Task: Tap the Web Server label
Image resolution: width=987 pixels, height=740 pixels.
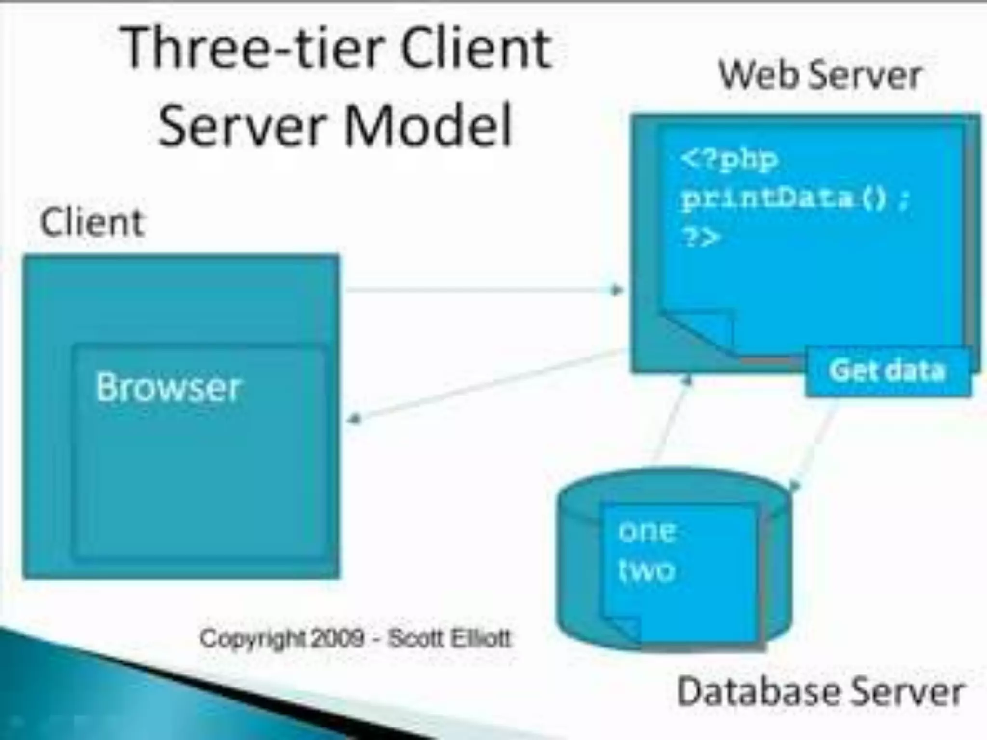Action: tap(819, 77)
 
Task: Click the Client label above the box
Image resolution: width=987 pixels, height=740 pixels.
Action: tap(92, 223)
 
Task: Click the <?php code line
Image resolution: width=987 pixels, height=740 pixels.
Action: tap(729, 159)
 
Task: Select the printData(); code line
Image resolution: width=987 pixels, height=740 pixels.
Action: tap(795, 198)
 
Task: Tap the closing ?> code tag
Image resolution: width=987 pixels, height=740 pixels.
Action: tap(701, 237)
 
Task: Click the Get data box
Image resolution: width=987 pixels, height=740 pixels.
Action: tap(887, 371)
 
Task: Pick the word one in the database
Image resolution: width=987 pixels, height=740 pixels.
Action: tap(647, 532)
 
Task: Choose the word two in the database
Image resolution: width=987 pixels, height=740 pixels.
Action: tap(647, 571)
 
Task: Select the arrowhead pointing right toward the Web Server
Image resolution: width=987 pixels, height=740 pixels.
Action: tap(616, 290)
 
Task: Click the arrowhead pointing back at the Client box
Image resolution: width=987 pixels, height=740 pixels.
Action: tap(354, 420)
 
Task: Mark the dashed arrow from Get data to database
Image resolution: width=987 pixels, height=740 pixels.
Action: tap(814, 443)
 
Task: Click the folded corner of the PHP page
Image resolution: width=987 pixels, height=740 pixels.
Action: tap(704, 332)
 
